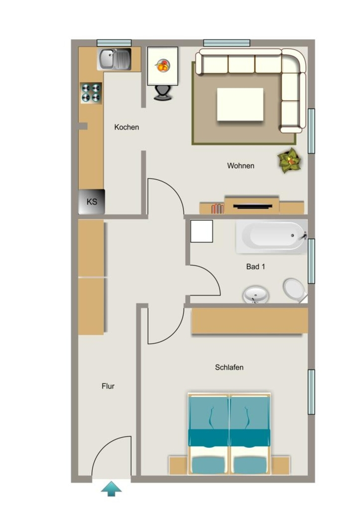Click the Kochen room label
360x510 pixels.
126,127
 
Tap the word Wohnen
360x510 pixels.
240,165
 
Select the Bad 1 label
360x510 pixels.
255,267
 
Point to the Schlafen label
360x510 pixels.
229,367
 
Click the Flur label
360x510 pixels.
108,386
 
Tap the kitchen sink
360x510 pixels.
114,59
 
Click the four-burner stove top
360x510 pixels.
91,93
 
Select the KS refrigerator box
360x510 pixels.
92,202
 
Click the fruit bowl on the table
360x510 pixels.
162,65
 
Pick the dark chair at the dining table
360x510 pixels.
162,93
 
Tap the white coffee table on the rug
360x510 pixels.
240,104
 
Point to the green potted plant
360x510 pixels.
289,160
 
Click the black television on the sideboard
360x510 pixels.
252,206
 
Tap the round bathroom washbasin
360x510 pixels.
256,295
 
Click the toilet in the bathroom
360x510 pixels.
294,289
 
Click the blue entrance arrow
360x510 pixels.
111,489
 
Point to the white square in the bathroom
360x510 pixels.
202,231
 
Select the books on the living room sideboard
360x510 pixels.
218,209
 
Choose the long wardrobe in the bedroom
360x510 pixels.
250,321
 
